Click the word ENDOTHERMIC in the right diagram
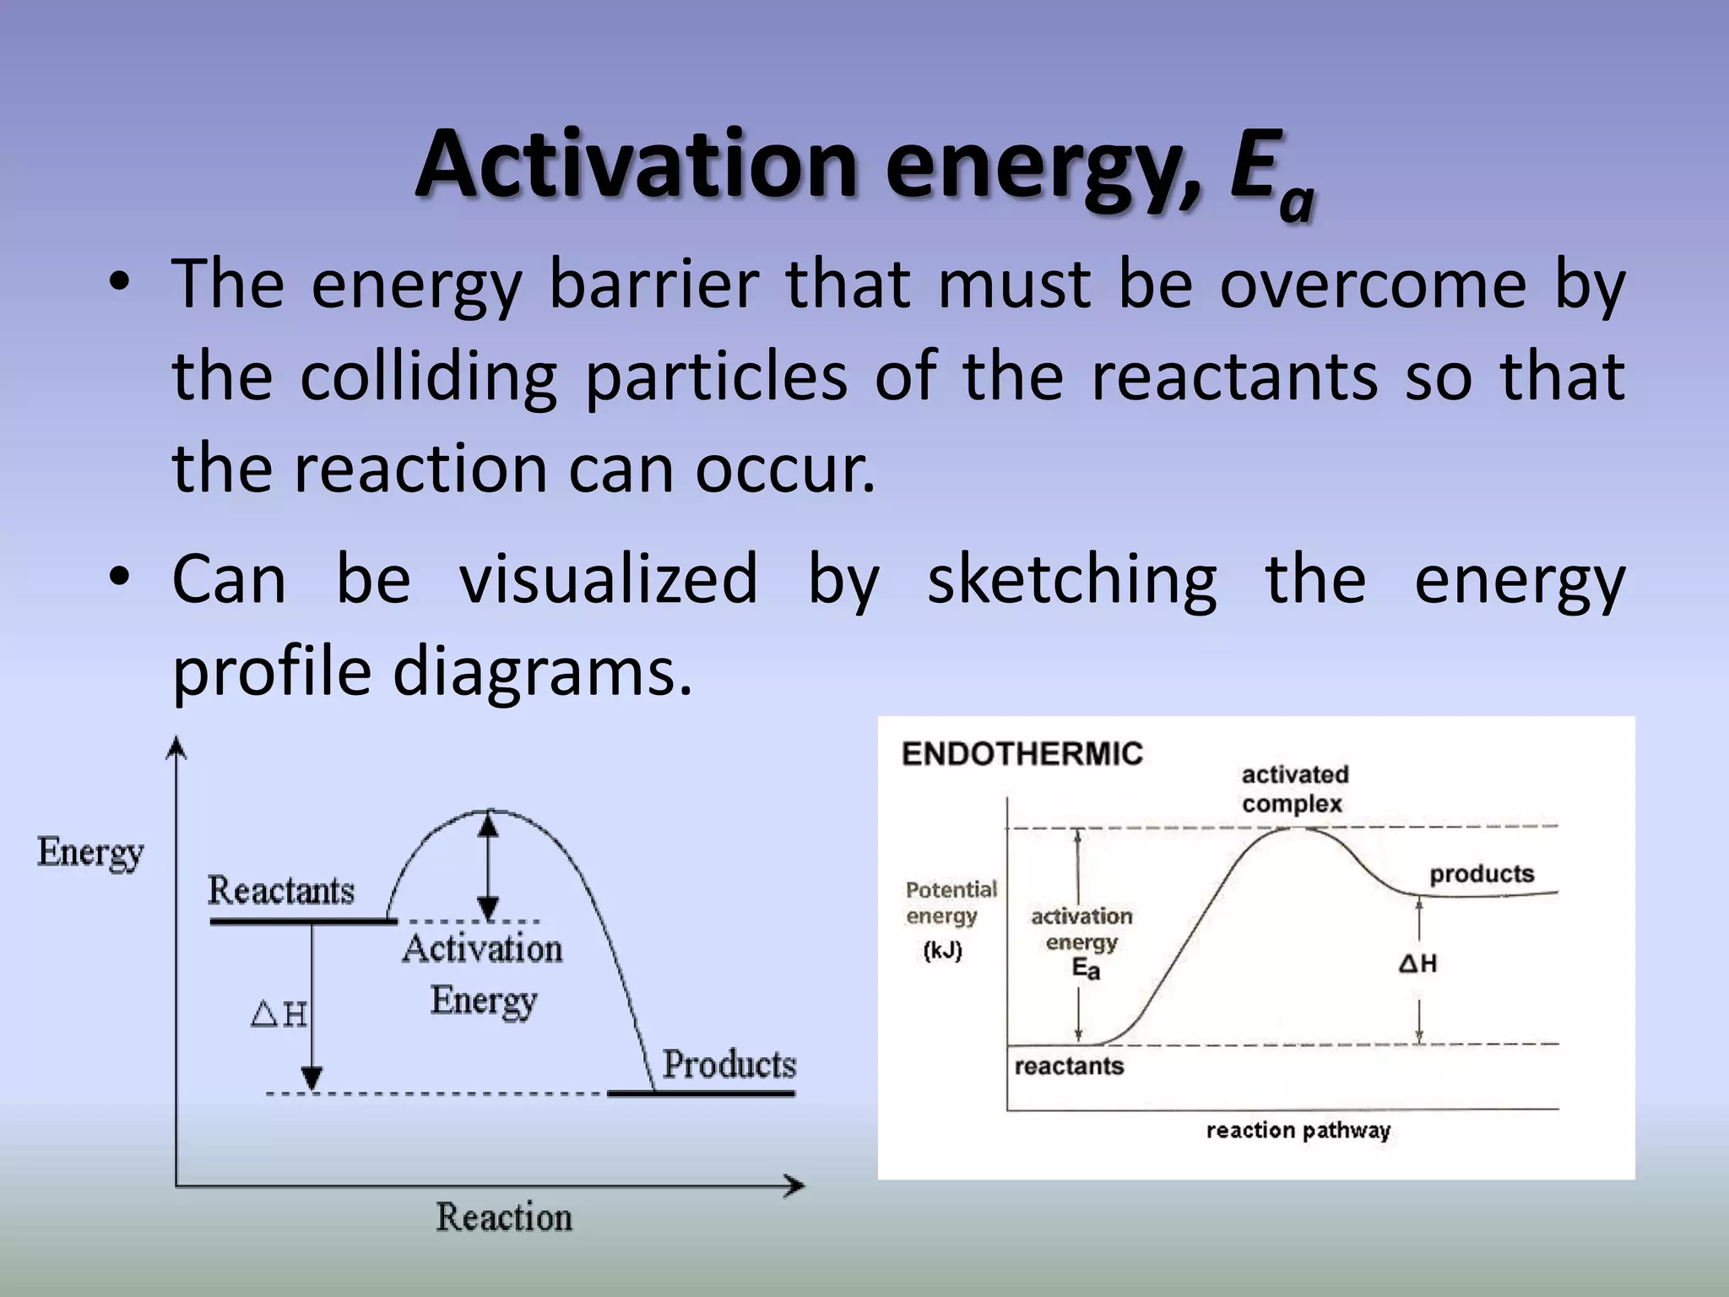point(1022,753)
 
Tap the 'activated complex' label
point(1294,789)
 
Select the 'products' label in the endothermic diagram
point(1481,874)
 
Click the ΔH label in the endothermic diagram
point(1417,963)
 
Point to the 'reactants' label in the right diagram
point(1069,1066)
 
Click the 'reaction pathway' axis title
point(1298,1130)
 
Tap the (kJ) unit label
point(942,951)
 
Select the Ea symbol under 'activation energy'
point(1086,969)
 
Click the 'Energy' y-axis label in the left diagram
point(90,853)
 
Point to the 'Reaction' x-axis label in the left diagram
point(504,1218)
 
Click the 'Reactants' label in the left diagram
point(281,891)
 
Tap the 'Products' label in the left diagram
point(729,1064)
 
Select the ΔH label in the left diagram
point(279,1013)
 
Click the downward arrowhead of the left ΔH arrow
point(312,1078)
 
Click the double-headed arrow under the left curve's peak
point(488,866)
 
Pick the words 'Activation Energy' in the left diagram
point(482,974)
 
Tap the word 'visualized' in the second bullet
point(608,579)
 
